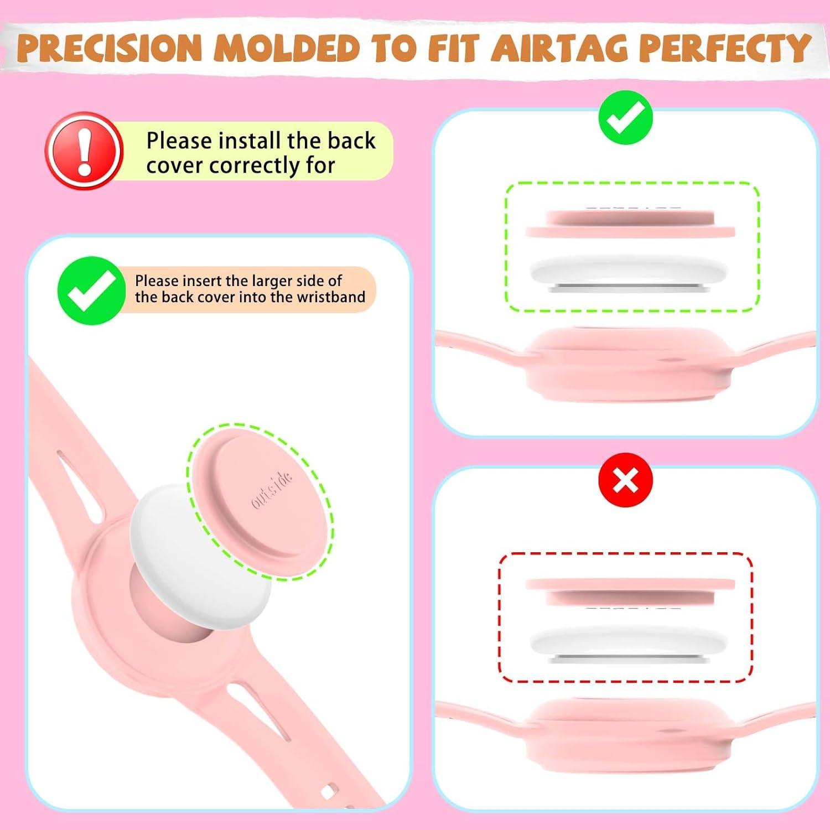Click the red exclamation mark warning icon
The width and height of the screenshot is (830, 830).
click(x=84, y=151)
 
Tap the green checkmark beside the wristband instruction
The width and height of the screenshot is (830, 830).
click(x=91, y=290)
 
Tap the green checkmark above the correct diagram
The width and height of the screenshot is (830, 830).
click(x=626, y=118)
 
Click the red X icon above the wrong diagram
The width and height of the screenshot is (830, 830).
click(x=626, y=480)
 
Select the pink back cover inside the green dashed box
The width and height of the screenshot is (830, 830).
click(x=630, y=224)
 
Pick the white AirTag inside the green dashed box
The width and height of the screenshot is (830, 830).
click(x=630, y=273)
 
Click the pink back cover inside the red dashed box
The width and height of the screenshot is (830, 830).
click(x=630, y=591)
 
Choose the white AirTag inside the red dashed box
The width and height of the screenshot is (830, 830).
click(x=630, y=643)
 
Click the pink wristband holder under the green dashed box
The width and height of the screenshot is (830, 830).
click(x=628, y=365)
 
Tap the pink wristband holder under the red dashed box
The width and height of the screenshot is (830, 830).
click(x=628, y=736)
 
